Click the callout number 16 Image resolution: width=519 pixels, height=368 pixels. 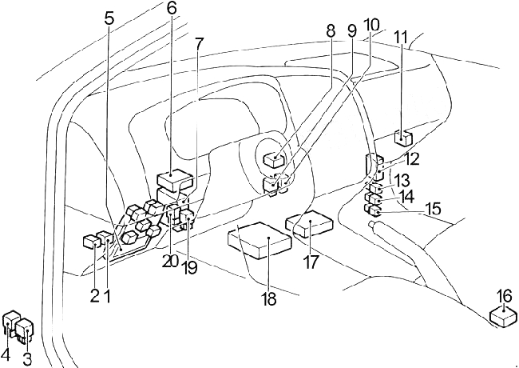(x=504, y=297)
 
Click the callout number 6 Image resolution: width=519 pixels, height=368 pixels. (x=172, y=10)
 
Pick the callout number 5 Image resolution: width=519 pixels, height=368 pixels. (x=109, y=18)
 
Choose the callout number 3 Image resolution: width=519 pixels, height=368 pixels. (x=27, y=359)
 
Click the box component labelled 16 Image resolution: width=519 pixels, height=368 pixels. (x=503, y=316)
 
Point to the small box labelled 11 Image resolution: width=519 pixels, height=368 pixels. (x=403, y=138)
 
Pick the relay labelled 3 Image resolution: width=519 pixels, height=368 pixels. (x=26, y=330)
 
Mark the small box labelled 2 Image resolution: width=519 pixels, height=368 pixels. (x=90, y=241)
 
